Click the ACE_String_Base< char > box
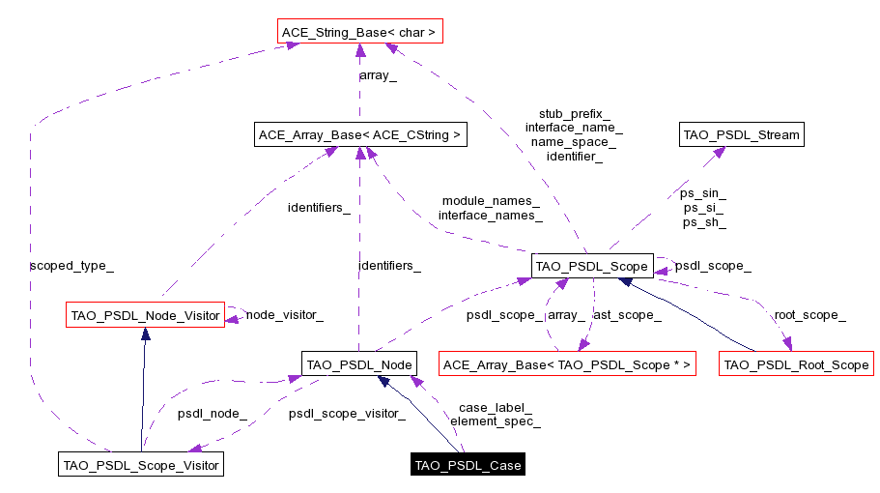pyautogui.click(x=358, y=33)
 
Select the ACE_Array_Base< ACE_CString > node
pyautogui.click(x=360, y=134)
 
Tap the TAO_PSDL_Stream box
pyautogui.click(x=742, y=134)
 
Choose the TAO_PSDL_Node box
pyautogui.click(x=358, y=364)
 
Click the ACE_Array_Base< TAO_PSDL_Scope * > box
pyautogui.click(x=567, y=364)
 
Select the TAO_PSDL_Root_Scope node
pyautogui.click(x=797, y=364)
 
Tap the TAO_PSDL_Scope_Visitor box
pyautogui.click(x=141, y=465)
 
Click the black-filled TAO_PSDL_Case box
pyautogui.click(x=468, y=465)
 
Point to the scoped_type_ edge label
pyautogui.click(x=66, y=264)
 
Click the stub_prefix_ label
pyautogui.click(x=574, y=113)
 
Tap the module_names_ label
pyautogui.click(x=491, y=200)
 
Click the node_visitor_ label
pyautogui.click(x=284, y=314)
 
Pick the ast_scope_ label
pyautogui.click(x=627, y=314)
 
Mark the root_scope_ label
pyautogui.click(x=809, y=314)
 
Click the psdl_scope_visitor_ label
pyautogui.click(x=346, y=414)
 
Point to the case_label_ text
pyautogui.click(x=495, y=407)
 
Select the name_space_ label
pyautogui.click(x=574, y=141)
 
